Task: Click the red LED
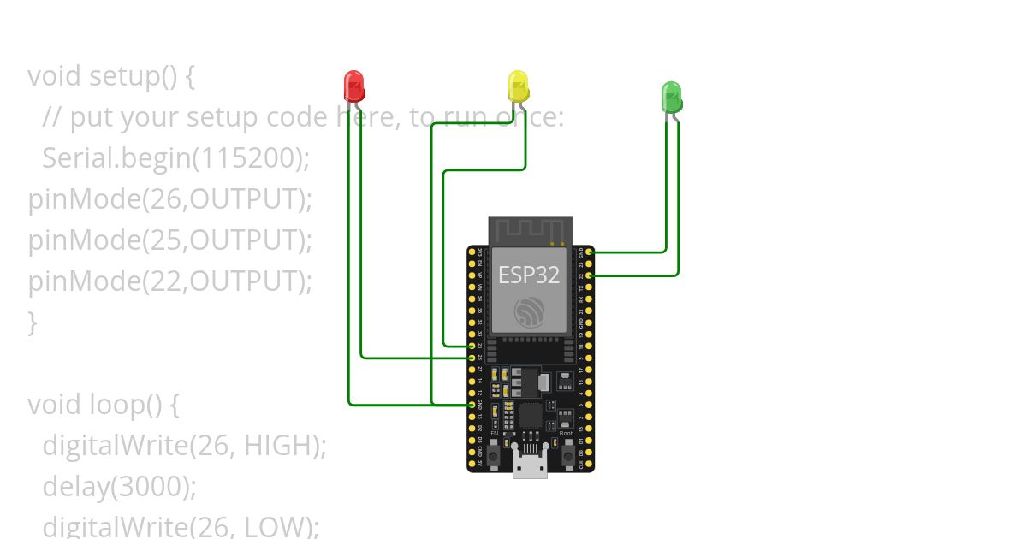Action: [x=353, y=86]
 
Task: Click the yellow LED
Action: [x=518, y=86]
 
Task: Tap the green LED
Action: [x=671, y=96]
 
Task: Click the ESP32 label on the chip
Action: [x=529, y=275]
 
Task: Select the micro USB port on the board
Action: [x=530, y=464]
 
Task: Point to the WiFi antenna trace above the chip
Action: [x=530, y=229]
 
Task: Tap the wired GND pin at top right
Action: [x=590, y=252]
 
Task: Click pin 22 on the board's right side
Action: [x=590, y=275]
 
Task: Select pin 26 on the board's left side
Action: [x=472, y=357]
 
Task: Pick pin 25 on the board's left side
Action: [x=472, y=345]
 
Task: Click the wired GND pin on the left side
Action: [x=472, y=404]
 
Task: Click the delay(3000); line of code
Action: [x=120, y=486]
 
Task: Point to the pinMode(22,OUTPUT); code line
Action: [x=170, y=281]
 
